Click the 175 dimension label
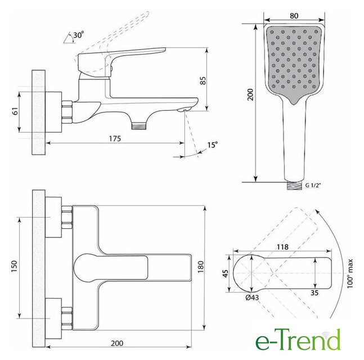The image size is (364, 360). (x=115, y=138)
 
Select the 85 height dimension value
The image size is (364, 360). (x=203, y=81)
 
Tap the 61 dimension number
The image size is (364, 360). (x=15, y=111)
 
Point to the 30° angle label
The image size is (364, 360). (x=78, y=35)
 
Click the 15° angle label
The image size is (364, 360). (x=213, y=145)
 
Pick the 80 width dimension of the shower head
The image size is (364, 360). (x=294, y=16)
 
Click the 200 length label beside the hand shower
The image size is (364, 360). (x=250, y=94)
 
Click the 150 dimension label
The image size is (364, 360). (x=14, y=267)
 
